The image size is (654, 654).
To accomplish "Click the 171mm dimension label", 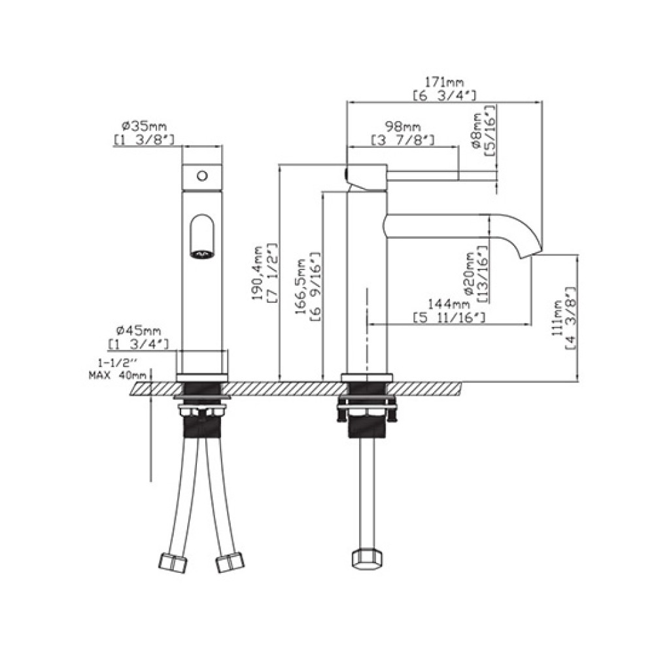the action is [444, 82].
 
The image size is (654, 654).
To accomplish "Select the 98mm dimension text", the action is [402, 126].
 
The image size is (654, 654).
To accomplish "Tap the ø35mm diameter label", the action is [144, 125].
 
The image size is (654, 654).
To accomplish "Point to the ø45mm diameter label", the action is [139, 331].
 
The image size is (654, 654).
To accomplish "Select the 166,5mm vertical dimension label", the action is [301, 286].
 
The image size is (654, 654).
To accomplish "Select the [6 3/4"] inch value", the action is [445, 96].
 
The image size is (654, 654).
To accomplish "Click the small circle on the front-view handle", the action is [202, 175].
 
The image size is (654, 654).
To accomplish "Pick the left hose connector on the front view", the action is [173, 562].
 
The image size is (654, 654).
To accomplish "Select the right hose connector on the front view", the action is [230, 562].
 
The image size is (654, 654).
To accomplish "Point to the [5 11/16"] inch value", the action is [450, 318].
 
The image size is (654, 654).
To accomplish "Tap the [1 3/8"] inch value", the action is [144, 139].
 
